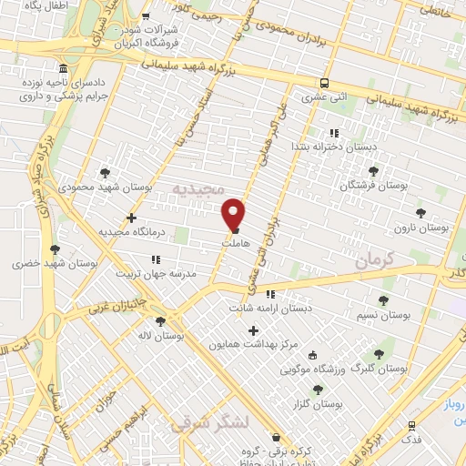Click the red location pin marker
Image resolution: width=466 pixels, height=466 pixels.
click(234, 213)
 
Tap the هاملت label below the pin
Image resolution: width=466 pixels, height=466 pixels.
click(235, 245)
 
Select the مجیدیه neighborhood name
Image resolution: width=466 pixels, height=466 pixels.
click(197, 188)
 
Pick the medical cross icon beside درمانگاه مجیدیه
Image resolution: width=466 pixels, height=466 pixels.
click(133, 218)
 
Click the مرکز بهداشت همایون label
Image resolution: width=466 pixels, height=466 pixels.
click(253, 344)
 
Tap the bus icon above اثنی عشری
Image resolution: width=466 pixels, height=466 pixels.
click(325, 80)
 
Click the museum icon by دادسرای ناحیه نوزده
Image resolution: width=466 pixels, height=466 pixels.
click(62, 69)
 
